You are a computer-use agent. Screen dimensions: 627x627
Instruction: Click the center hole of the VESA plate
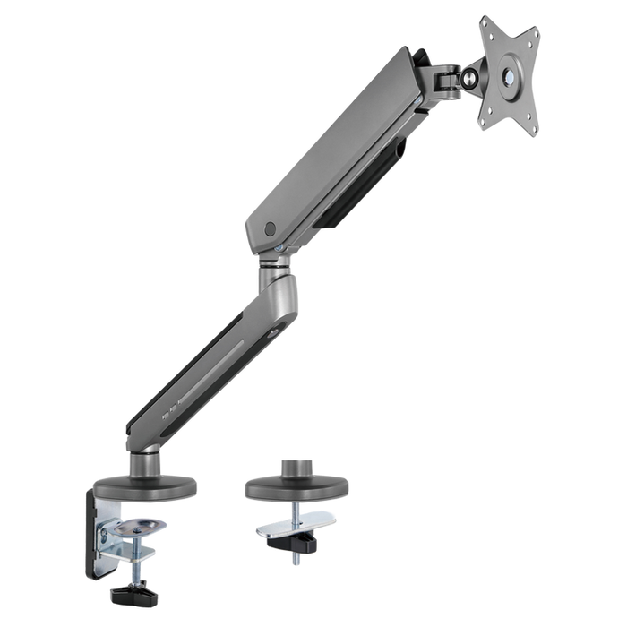[x=511, y=75]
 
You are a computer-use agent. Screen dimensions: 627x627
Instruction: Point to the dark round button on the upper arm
[x=271, y=229]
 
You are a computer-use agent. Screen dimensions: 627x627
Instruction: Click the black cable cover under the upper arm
[x=358, y=192]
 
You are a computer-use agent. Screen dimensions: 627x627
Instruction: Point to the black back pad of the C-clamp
[x=92, y=533]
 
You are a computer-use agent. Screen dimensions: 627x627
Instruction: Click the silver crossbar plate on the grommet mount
[x=296, y=523]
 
